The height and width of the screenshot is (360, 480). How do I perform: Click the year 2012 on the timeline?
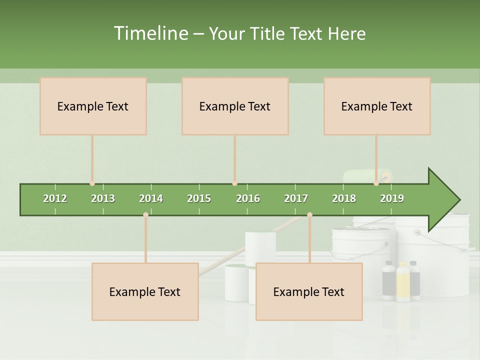55,198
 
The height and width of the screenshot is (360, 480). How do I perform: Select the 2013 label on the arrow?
103,198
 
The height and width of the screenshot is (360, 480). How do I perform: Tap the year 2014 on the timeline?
151,198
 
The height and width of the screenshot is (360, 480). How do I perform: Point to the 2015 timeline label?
199,198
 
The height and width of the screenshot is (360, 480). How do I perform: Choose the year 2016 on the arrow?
248,198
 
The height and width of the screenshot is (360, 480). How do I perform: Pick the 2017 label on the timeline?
296,198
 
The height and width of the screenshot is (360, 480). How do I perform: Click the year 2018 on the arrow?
344,198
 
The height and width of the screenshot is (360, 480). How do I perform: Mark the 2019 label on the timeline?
392,198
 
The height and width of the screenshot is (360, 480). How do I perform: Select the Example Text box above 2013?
93,106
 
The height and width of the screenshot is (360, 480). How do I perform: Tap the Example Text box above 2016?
235,106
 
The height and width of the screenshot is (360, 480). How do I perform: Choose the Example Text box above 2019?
377,106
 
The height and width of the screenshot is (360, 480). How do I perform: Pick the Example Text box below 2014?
145,291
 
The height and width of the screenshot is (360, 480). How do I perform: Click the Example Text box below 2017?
309,291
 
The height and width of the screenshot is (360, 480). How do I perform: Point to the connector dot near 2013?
92,183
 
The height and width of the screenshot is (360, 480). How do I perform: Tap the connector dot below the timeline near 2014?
145,215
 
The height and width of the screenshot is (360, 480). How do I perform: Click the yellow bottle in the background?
403,283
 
